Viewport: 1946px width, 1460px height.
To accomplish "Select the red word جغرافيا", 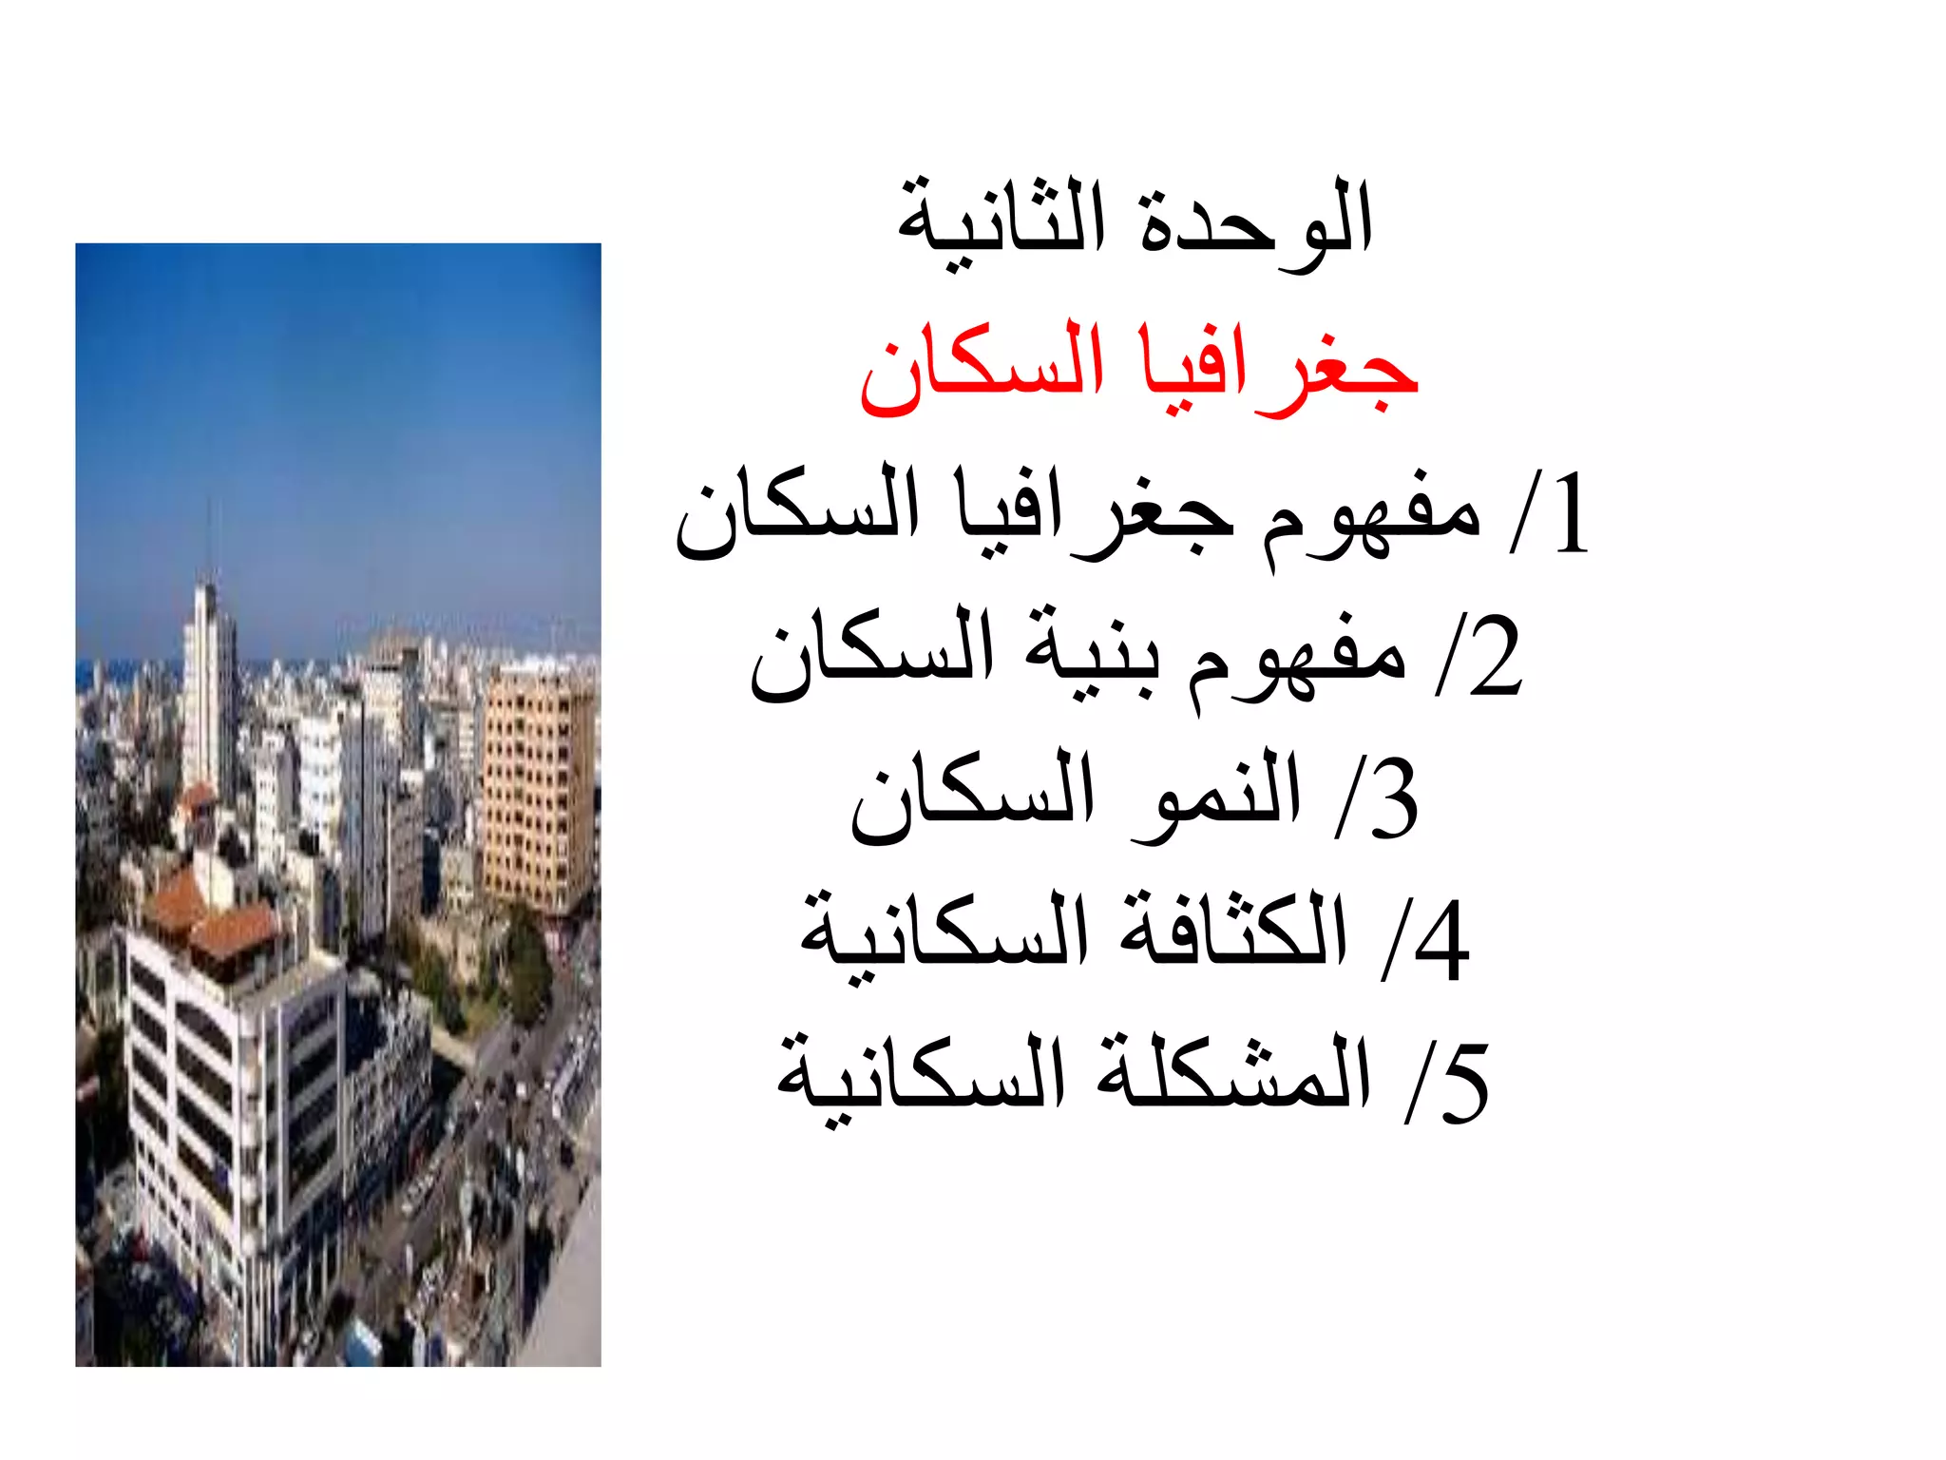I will coord(1279,369).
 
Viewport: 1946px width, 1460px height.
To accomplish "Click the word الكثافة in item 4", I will coord(1233,936).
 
